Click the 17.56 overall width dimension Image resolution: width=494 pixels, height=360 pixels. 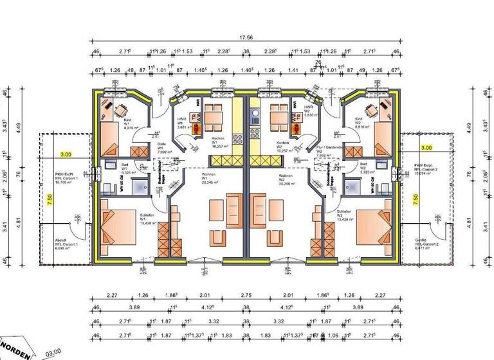[x=246, y=38]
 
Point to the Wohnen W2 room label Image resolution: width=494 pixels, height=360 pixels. [x=286, y=178]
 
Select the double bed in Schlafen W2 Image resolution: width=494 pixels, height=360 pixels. [x=372, y=226]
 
